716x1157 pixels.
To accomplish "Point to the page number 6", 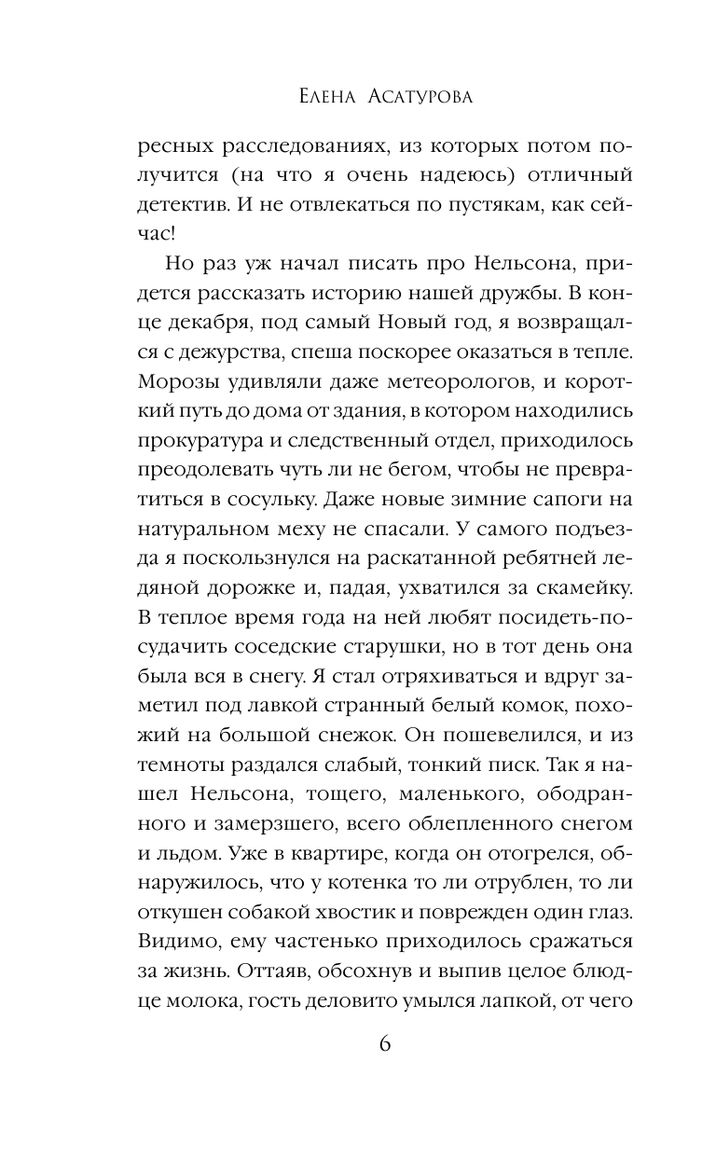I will coord(385,1043).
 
